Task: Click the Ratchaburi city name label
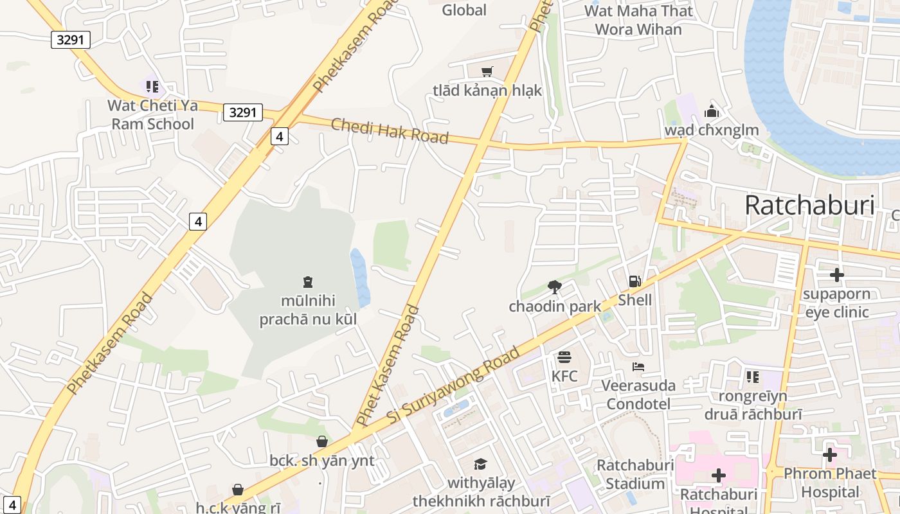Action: tap(809, 206)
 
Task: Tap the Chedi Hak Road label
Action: tap(390, 131)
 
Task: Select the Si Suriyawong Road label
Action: tap(454, 385)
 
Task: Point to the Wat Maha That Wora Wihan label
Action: tap(638, 20)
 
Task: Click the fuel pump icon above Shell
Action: tap(634, 281)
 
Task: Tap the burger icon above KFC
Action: tap(564, 357)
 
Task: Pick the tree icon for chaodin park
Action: tap(554, 287)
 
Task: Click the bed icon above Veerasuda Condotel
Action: tap(638, 367)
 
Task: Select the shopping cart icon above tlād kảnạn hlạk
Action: tap(487, 71)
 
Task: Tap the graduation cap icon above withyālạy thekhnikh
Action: tap(480, 464)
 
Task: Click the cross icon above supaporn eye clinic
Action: tap(836, 276)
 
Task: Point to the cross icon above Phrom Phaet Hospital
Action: tap(829, 455)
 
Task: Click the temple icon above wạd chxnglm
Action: tap(711, 111)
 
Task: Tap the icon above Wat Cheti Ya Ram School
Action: tap(152, 86)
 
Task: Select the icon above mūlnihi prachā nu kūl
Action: tap(307, 281)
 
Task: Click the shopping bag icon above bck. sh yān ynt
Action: tap(321, 441)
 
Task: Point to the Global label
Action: tap(464, 10)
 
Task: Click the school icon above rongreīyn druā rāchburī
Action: tap(753, 377)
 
